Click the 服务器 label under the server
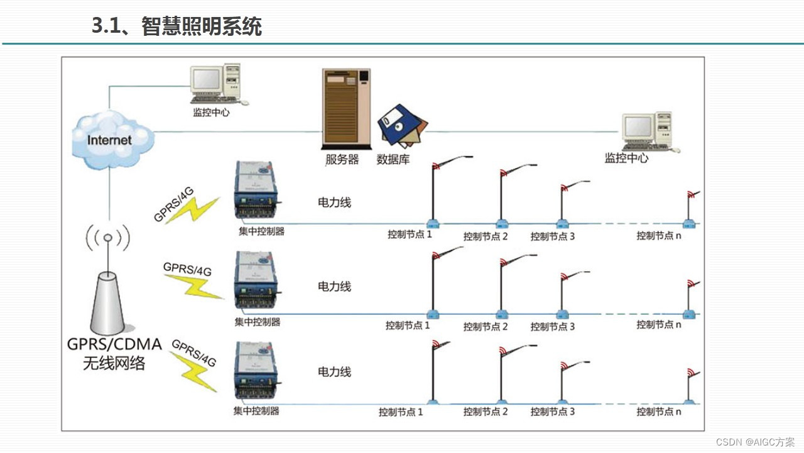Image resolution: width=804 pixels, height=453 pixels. [x=342, y=159]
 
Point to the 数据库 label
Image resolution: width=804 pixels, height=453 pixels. [x=393, y=159]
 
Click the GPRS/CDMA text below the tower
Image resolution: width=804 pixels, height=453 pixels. [x=114, y=345]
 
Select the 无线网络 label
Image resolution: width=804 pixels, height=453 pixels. [x=114, y=363]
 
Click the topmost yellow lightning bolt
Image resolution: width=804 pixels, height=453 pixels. [x=195, y=210]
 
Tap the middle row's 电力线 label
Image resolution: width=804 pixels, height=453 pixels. [x=334, y=286]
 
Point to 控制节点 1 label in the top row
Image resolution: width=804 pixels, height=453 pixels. [x=410, y=235]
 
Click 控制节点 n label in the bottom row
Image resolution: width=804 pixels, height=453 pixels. [x=659, y=411]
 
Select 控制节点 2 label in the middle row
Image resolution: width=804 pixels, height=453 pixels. [x=486, y=327]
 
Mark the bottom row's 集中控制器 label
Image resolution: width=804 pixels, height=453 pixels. [x=256, y=411]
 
